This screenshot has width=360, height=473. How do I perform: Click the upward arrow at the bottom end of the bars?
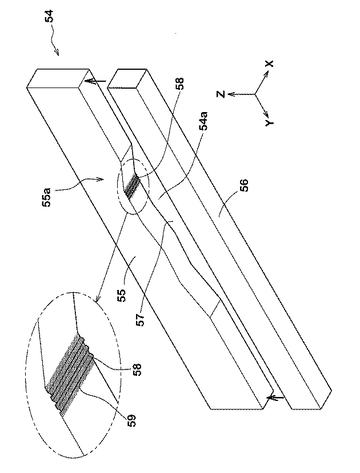(x=273, y=396)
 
